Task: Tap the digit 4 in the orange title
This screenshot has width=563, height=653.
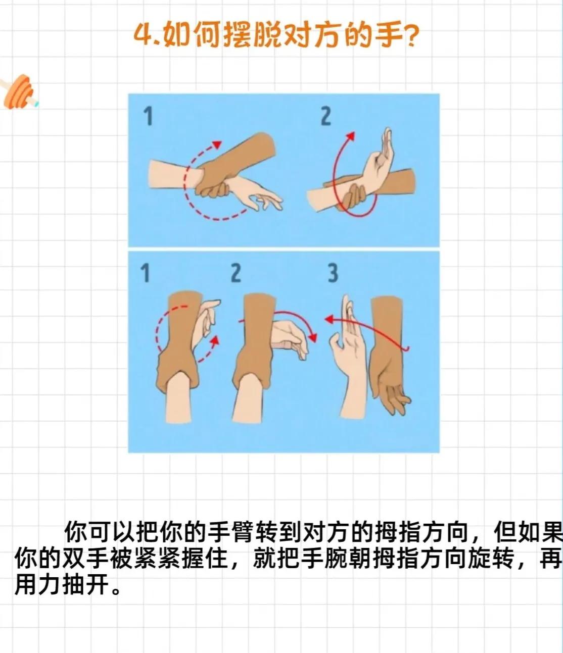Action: [x=143, y=35]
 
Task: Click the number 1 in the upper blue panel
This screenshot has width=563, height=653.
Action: [x=148, y=116]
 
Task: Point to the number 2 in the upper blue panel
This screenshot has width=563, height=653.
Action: [x=326, y=116]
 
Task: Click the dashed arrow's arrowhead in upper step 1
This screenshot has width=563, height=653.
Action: [x=217, y=144]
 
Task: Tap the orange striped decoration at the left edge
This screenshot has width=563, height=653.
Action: [x=20, y=91]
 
